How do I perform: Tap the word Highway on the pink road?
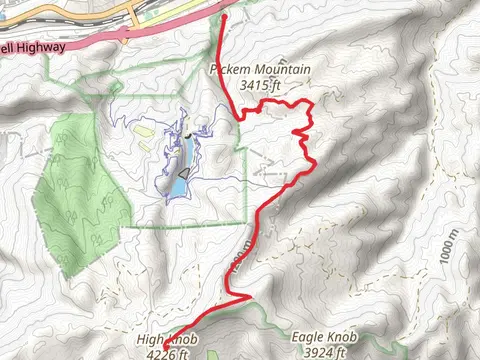click(x=40, y=46)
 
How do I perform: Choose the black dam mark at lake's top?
click(x=187, y=133)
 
